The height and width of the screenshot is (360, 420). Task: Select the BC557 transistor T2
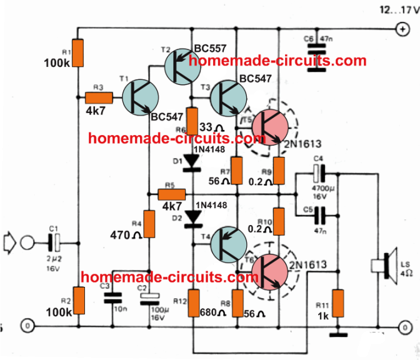tap(182, 67)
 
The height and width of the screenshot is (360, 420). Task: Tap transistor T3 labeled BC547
tap(227, 97)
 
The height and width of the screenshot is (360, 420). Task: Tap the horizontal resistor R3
tap(99, 97)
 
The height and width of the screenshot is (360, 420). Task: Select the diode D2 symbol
tap(194, 218)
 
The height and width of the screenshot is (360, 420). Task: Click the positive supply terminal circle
tap(399, 29)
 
